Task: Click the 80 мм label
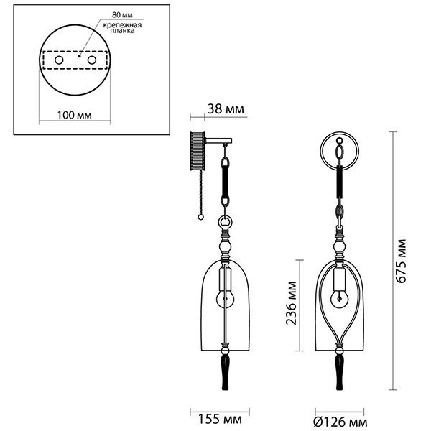point(122,15)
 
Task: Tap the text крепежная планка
point(122,28)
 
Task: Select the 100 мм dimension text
point(74,115)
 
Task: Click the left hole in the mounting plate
point(59,60)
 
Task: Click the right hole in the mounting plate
point(91,60)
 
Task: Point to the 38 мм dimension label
point(226,109)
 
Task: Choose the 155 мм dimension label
point(220,420)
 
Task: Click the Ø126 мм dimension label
point(340,422)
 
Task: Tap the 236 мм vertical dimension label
point(292,303)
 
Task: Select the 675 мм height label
point(401,261)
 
